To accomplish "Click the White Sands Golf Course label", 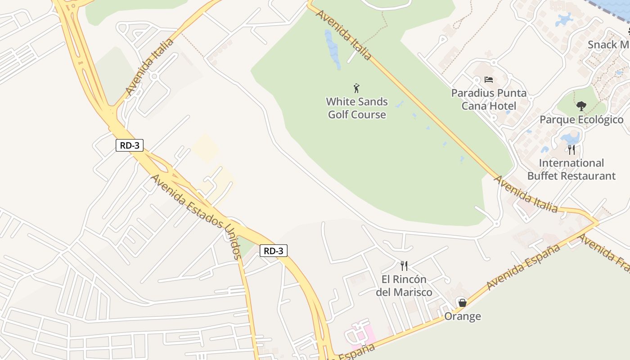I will coord(357,108).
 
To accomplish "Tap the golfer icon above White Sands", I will coord(357,88).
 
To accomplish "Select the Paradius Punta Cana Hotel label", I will coord(489,99).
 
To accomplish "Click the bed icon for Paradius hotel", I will coord(489,80).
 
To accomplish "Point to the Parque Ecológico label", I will coord(581,120).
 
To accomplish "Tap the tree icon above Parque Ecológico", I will coord(581,106).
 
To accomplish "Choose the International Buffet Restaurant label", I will coord(571,169).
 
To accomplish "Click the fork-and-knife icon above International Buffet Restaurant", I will coord(571,149).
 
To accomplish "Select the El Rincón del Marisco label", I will coord(404,286).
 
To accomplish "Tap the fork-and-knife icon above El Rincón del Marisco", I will coord(404,266).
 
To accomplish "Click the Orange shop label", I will coord(463,316).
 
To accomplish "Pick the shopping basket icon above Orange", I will coord(462,302).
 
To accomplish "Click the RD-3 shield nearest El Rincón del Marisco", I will coord(273,251).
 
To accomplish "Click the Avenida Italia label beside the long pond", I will coord(344,34).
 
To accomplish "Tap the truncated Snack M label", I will coord(608,45).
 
